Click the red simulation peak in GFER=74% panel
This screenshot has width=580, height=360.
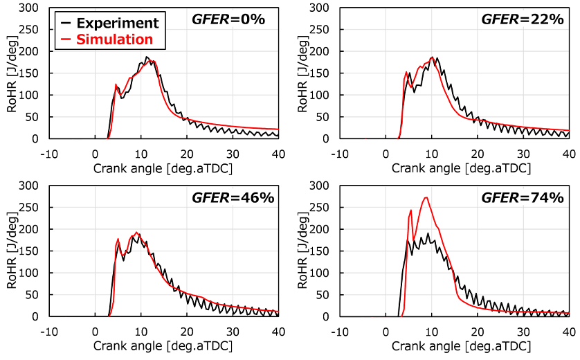point(426,198)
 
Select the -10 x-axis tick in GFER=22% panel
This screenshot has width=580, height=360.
point(338,153)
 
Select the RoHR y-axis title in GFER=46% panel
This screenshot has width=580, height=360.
point(12,251)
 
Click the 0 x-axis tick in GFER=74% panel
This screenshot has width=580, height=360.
point(386,331)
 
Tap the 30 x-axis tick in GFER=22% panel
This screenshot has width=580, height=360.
point(523,153)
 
